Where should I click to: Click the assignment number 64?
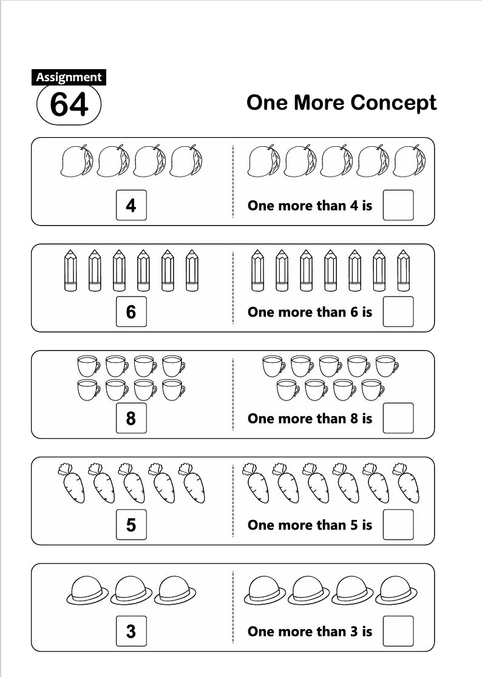(69, 104)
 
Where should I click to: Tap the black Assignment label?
(69, 77)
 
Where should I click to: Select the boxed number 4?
(131, 206)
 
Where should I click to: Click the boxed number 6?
(131, 312)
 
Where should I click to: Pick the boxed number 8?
(131, 419)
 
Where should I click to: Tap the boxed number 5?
(131, 525)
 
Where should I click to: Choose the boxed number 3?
(131, 632)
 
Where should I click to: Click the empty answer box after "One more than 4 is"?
(398, 206)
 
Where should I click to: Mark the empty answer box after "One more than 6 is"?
(398, 312)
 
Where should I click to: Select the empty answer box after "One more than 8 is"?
(398, 419)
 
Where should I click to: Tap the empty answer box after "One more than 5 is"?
(398, 525)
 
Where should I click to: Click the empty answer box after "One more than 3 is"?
(398, 632)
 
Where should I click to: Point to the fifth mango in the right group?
(409, 161)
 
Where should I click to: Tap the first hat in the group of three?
(87, 590)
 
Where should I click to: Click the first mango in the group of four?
(77, 161)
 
